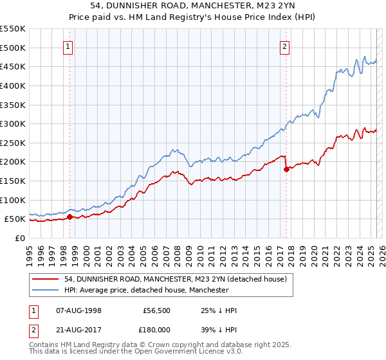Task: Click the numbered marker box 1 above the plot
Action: [68, 46]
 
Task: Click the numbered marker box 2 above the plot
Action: [284, 46]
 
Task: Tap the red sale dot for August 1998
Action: [69, 217]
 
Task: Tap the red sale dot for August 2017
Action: [286, 170]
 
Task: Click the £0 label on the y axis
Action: [19, 238]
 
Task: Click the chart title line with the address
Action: [192, 7]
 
